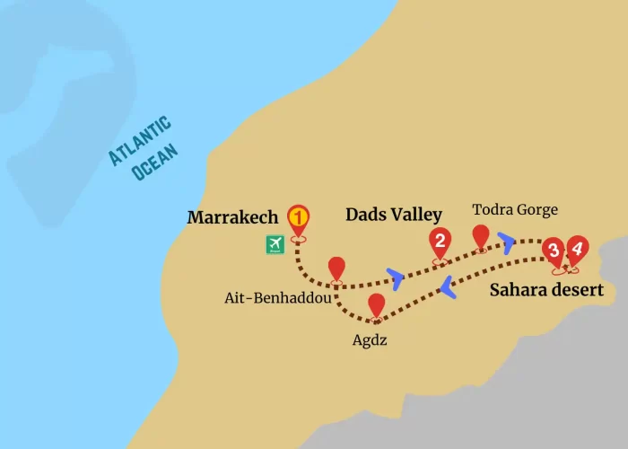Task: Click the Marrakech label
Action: coord(232,218)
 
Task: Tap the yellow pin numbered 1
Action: coord(298,218)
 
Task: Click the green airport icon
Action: coord(275,243)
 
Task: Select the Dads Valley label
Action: coord(394,215)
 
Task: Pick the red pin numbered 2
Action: coord(440,241)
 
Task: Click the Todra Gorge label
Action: coord(515,210)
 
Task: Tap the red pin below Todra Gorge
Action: coord(481,236)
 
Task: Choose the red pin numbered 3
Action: coord(553,251)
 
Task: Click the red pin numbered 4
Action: coord(576,249)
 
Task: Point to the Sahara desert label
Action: coord(545,290)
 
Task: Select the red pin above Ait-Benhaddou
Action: coord(336,268)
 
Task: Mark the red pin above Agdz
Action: coord(376,305)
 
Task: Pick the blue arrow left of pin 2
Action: coord(395,275)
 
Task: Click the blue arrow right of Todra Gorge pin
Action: coord(508,242)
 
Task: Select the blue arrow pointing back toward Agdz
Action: coord(447,286)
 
